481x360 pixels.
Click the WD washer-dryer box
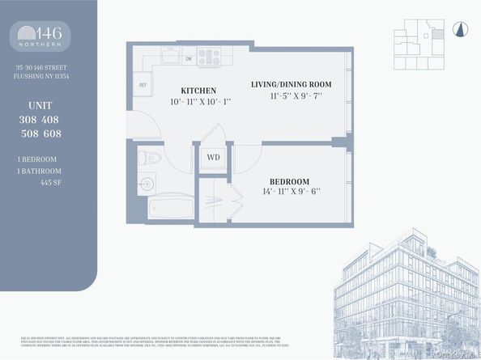213,157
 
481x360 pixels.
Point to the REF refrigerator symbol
143,84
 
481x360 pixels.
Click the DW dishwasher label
188,58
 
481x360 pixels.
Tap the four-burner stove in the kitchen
210,56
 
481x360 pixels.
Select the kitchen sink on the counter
172,56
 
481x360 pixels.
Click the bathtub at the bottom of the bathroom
170,206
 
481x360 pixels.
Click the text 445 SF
50,181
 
